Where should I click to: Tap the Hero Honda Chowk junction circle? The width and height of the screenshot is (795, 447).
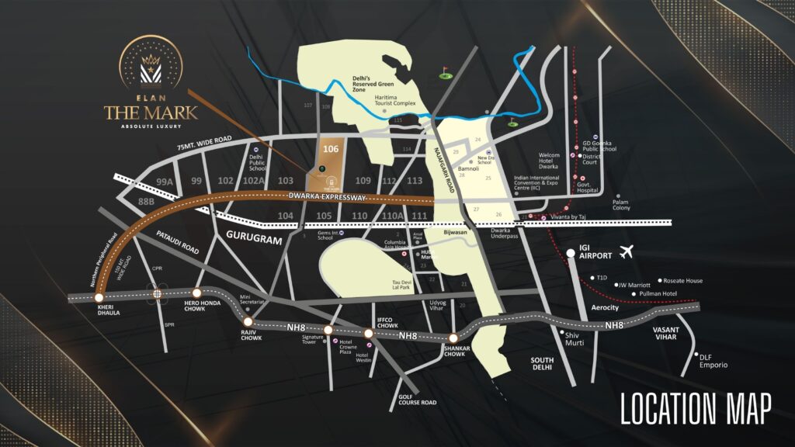point(196,293)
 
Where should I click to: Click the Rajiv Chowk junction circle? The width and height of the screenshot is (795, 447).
point(248,321)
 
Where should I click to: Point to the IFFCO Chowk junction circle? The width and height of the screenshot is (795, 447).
point(369,334)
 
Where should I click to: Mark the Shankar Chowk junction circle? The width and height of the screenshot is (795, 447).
point(453,338)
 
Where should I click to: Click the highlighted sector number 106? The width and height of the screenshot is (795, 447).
point(331,149)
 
